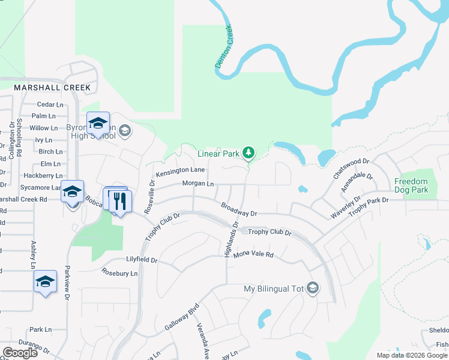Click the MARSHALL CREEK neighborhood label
[x=52, y=88]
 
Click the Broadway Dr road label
[x=238, y=209]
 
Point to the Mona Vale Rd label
[x=253, y=254]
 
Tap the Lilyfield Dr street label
[x=142, y=260]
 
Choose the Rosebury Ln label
[x=119, y=273]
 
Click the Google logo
[x=20, y=352]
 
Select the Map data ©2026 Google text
[x=412, y=355]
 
